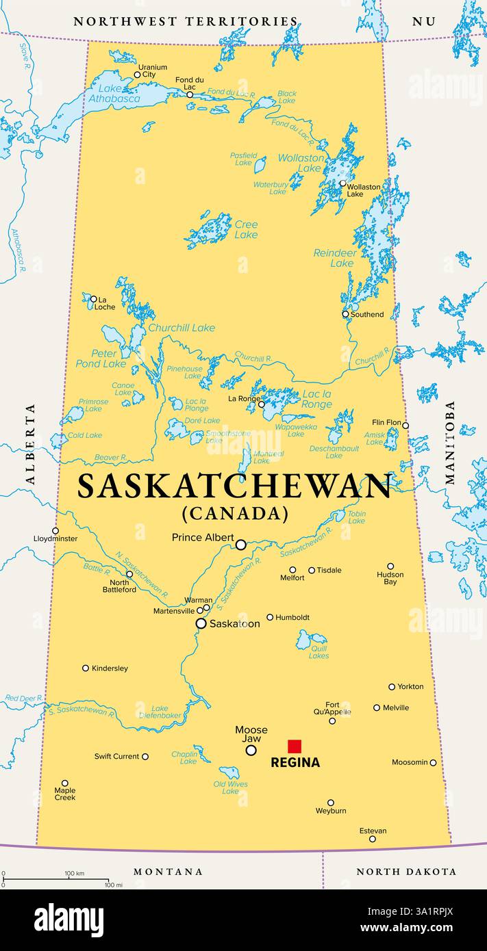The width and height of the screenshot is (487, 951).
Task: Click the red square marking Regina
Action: click(x=295, y=746)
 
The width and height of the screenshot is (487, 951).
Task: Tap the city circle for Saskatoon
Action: click(x=201, y=623)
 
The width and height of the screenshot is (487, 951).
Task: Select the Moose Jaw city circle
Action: click(x=251, y=750)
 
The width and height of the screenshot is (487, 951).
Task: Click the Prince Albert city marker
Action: click(x=241, y=545)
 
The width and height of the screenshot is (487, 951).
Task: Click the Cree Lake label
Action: click(x=246, y=229)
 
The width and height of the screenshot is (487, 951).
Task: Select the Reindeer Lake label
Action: click(x=335, y=258)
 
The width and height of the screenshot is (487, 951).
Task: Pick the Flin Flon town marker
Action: click(x=405, y=426)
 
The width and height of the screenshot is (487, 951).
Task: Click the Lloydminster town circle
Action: click(x=55, y=530)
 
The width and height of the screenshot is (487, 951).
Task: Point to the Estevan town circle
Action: click(x=373, y=839)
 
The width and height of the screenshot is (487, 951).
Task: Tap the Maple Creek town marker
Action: click(x=65, y=783)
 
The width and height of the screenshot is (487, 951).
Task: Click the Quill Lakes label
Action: click(x=319, y=651)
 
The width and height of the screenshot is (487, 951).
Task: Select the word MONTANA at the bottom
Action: click(x=168, y=872)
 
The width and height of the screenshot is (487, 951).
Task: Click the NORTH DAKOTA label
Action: click(x=406, y=872)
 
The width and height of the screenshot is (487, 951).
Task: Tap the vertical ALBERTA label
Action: click(x=30, y=444)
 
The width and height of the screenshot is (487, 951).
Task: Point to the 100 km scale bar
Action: click(x=55, y=880)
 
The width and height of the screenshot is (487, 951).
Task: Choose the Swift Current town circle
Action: click(x=145, y=757)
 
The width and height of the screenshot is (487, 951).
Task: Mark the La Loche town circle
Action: click(x=94, y=299)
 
